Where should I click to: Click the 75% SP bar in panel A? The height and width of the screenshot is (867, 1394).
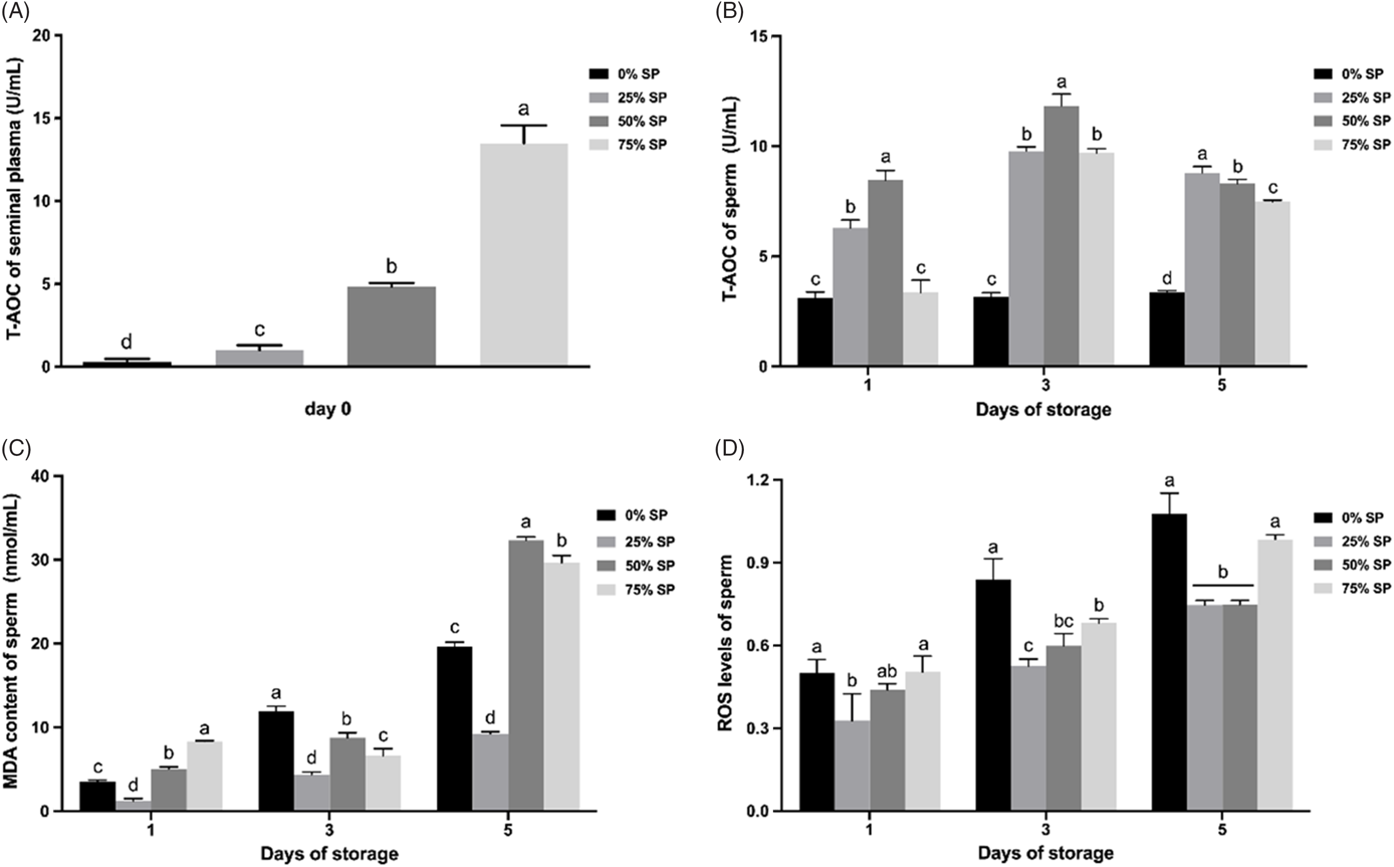point(524,255)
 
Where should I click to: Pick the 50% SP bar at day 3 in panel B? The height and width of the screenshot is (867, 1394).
point(1061,235)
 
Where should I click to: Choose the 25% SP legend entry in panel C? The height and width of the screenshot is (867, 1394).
point(637,541)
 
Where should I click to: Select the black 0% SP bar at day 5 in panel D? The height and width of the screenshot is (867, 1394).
point(1169,662)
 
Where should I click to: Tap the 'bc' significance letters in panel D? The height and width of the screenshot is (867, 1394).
point(1064,621)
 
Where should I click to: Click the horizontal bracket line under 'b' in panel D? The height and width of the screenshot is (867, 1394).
point(1223,585)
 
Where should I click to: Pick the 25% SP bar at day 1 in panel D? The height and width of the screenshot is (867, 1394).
point(852,766)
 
